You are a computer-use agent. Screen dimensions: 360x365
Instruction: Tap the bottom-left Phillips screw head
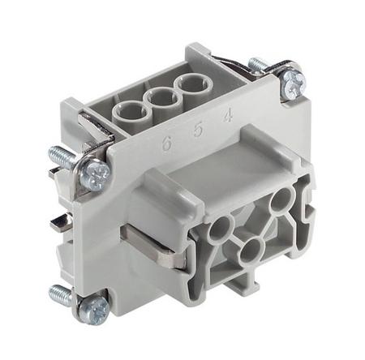(93, 307)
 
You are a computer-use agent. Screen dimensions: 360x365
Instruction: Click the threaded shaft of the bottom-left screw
(62, 294)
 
